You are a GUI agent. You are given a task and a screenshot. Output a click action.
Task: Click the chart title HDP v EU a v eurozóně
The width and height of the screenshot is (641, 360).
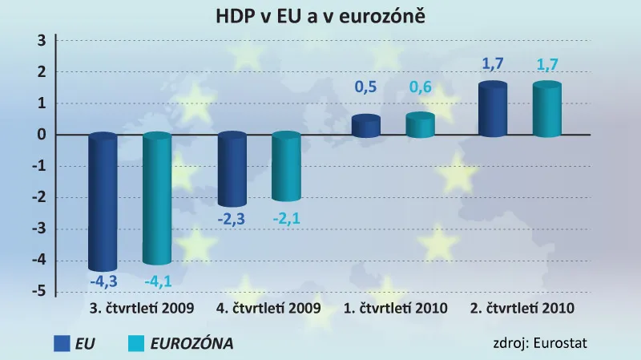tap(320, 16)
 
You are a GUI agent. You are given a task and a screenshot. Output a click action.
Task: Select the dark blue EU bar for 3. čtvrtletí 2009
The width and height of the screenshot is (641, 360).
tap(103, 202)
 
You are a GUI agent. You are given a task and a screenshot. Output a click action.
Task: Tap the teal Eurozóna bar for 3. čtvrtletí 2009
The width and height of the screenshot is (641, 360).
tap(157, 199)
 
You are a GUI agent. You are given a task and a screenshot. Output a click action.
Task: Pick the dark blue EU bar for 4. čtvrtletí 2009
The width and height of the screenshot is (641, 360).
tap(232, 170)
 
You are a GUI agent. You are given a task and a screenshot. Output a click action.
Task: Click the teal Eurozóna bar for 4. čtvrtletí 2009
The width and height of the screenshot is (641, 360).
tap(286, 167)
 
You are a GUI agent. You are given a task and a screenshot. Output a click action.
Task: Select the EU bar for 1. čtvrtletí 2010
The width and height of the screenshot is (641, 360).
tap(366, 127)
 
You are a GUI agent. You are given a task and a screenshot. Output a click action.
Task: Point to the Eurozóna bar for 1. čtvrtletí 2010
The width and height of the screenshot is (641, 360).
tap(420, 125)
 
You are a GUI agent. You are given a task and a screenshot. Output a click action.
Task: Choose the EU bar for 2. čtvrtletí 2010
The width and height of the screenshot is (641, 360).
tap(492, 110)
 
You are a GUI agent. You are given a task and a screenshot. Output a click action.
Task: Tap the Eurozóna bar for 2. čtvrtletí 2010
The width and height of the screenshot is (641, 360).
tap(546, 110)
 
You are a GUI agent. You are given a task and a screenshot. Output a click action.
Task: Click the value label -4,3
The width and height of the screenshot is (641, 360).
tap(102, 282)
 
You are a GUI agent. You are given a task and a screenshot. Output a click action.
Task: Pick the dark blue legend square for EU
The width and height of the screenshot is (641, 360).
tap(62, 344)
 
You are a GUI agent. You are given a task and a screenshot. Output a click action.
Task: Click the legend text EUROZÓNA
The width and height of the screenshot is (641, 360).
tap(194, 344)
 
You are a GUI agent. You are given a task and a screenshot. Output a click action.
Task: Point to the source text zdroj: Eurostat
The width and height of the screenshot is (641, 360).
tap(540, 344)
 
